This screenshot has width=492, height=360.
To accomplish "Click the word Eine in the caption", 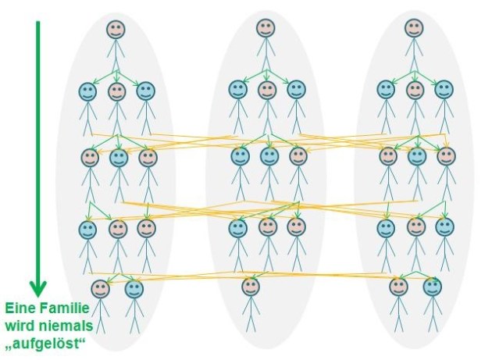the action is (20, 308).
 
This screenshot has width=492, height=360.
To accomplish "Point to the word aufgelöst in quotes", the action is (46, 344).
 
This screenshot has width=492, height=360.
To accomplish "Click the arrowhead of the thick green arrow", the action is (38, 288).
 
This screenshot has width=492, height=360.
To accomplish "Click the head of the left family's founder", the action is (116, 30).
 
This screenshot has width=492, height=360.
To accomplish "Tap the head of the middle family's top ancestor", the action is (266, 28).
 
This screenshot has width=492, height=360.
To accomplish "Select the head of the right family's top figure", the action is (414, 29).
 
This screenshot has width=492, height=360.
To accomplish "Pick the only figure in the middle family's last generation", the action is (251, 305).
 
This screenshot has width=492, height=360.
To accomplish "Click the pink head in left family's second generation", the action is (116, 91).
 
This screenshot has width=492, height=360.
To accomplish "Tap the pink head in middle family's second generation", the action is (267, 90).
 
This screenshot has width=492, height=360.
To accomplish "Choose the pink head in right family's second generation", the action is (415, 90).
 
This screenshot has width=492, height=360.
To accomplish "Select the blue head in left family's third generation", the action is (119, 158).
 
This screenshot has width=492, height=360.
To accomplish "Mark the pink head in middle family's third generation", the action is (298, 156).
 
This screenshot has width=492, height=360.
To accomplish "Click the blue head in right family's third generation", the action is (417, 156).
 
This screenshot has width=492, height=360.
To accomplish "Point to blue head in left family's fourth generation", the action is (87, 230).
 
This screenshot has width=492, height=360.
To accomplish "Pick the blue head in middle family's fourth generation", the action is (238, 228).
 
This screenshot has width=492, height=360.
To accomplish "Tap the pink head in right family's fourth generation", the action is (416, 227).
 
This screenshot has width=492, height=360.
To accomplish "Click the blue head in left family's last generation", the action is (134, 290).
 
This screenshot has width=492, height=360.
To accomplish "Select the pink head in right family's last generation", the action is (399, 287).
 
